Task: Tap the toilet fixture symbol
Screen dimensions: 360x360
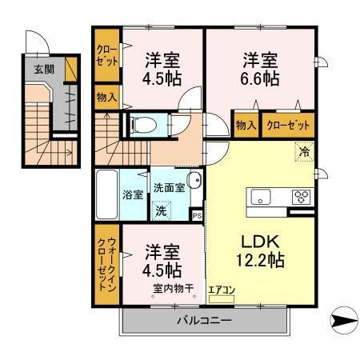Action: click(140, 125)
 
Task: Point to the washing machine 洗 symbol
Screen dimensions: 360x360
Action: click(162, 211)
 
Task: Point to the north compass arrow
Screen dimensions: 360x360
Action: click(343, 322)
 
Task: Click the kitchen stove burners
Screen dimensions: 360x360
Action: click(302, 195)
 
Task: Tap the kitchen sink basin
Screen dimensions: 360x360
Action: click(262, 197)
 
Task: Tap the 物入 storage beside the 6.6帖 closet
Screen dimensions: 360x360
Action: click(246, 125)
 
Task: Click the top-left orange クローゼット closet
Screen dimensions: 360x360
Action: click(106, 54)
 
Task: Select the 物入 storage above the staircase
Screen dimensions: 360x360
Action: click(106, 98)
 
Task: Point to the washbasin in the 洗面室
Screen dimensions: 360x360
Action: click(193, 181)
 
